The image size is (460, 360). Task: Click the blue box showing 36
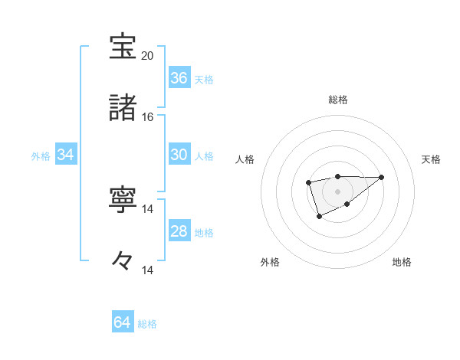[179, 78]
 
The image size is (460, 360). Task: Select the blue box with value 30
[179, 155]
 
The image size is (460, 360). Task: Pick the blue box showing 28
[179, 231]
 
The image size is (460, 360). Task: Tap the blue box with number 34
[66, 155]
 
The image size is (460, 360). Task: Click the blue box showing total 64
[123, 322]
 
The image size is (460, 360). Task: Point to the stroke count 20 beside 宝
[148, 55]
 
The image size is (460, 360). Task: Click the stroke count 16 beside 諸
[148, 116]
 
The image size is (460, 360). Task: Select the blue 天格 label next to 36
[204, 80]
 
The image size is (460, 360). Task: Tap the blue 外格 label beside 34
[41, 156]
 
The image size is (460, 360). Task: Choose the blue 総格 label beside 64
[147, 324]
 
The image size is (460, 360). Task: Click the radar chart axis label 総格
[338, 100]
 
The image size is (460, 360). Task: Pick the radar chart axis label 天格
[431, 159]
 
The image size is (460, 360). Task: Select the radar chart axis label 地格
[402, 262]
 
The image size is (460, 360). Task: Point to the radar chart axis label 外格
[270, 262]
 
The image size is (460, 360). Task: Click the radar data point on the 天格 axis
[382, 177]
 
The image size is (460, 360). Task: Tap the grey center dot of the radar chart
[337, 191]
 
